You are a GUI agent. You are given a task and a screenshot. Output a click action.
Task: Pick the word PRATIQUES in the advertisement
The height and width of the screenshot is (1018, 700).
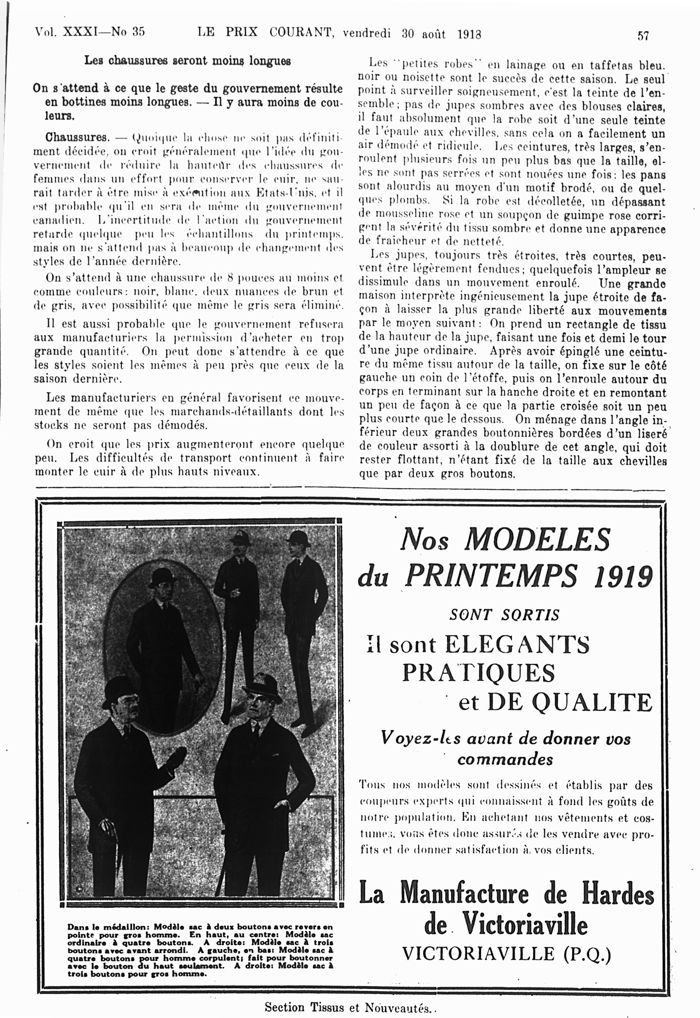coord(478,673)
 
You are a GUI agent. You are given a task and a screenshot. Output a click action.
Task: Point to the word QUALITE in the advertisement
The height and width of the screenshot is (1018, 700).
coord(592,702)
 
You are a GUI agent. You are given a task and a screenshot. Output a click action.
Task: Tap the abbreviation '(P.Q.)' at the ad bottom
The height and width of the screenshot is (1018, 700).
coord(587,954)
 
